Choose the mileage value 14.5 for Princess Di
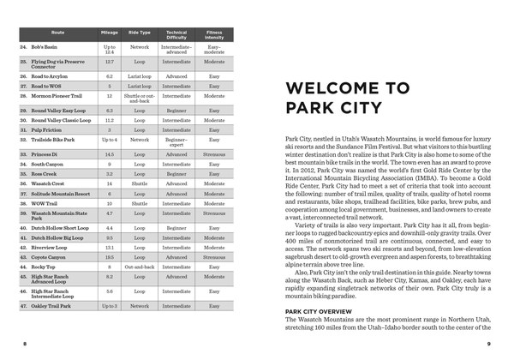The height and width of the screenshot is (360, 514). click(x=109, y=153)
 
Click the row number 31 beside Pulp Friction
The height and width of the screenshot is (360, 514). click(x=21, y=129)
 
